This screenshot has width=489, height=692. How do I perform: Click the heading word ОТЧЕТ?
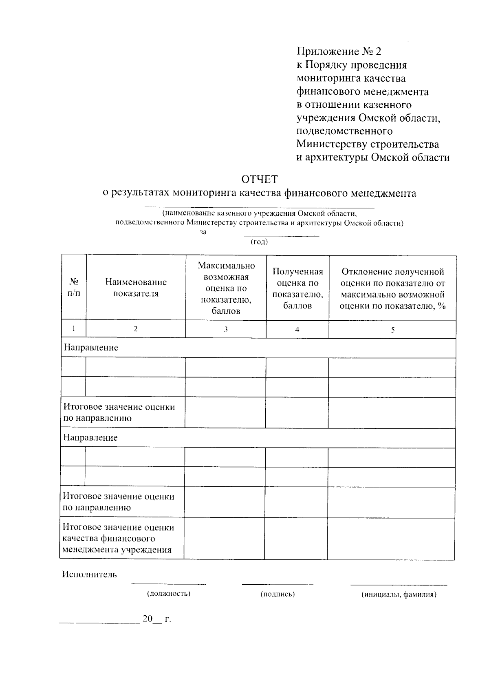tap(259, 180)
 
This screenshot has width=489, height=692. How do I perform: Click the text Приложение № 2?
tap(339, 51)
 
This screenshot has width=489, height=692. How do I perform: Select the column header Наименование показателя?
tap(136, 288)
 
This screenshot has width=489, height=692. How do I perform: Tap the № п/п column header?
tap(74, 288)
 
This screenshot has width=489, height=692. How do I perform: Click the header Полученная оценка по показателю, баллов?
tap(297, 288)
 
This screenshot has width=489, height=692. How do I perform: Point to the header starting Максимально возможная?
tap(226, 288)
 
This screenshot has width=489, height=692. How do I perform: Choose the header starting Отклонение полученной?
tap(392, 288)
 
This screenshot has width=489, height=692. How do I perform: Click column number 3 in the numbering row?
tap(226, 330)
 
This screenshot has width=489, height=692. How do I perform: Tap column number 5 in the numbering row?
tap(392, 330)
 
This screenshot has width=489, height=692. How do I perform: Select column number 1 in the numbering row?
tap(74, 328)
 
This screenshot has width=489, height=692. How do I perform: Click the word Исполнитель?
tap(89, 574)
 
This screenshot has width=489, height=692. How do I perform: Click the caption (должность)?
tap(169, 594)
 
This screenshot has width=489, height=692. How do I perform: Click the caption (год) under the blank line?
tap(259, 242)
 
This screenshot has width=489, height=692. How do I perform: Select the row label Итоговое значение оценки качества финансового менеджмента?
tap(118, 538)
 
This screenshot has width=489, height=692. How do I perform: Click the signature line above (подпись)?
tap(278, 584)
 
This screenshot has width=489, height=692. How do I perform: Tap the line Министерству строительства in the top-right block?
tap(367, 144)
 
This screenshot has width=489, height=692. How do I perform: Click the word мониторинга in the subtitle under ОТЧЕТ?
tap(205, 193)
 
